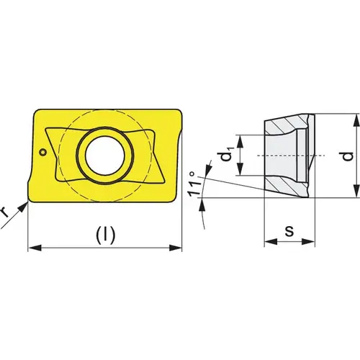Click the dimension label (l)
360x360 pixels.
105,234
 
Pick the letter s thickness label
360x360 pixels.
289,230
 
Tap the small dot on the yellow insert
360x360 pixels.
43,152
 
